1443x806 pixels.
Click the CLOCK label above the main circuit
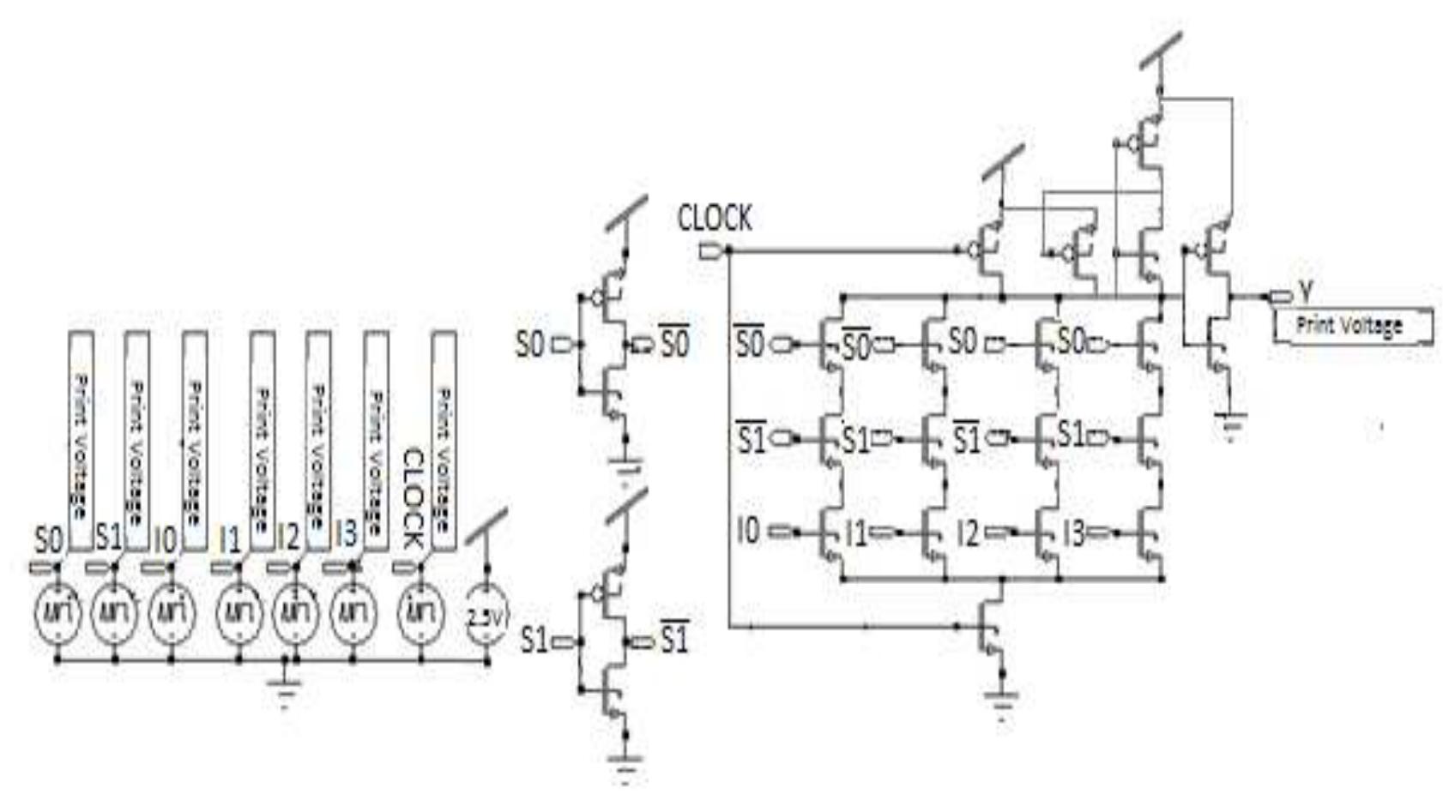pos(714,219)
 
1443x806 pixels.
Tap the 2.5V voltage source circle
pos(487,615)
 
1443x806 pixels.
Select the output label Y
pos(1305,292)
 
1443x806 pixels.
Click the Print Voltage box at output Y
pos(1351,326)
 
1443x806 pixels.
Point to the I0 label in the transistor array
pos(748,532)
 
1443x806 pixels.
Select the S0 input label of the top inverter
pos(530,345)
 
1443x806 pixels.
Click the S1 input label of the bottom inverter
pos(534,640)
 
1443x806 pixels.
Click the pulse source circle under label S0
pos(57,613)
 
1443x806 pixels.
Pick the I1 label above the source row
pos(229,538)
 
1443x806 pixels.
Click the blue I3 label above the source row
pos(345,535)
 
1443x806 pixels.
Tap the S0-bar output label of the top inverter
pos(674,343)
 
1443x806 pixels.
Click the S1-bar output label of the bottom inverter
pos(674,639)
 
